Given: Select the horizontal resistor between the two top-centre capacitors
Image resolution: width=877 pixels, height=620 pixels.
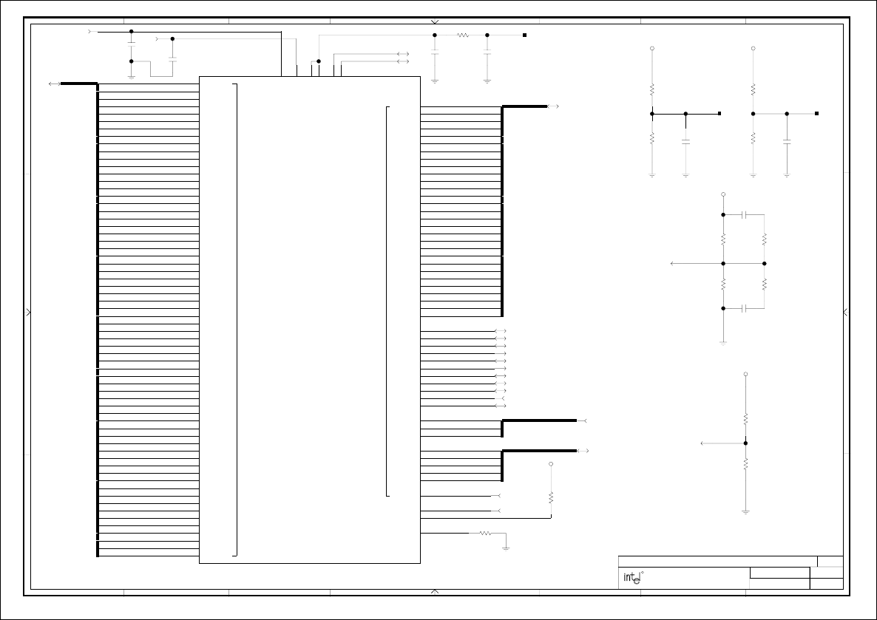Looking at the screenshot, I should [x=463, y=35].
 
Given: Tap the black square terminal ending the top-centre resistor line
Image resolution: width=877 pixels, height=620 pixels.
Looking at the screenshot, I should [x=524, y=35].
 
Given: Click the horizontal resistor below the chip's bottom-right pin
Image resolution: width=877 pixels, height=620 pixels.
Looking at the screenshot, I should [x=485, y=533].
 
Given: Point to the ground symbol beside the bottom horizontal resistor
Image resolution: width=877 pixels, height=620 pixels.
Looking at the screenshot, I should [x=506, y=547].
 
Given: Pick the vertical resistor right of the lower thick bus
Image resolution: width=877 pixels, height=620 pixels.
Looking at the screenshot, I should [x=551, y=497].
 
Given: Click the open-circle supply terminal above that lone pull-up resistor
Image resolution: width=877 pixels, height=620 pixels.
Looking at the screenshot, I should [x=551, y=464].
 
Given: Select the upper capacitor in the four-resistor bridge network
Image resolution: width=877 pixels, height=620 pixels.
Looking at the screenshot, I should [x=745, y=214].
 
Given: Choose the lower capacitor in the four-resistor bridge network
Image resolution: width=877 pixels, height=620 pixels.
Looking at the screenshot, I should [x=745, y=307].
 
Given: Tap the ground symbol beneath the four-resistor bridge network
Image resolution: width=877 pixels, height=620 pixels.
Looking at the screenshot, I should [x=723, y=342].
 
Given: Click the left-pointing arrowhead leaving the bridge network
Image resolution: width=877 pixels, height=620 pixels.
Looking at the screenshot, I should [x=671, y=263].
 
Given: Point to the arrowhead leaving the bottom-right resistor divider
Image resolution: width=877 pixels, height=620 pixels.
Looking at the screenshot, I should [x=702, y=443].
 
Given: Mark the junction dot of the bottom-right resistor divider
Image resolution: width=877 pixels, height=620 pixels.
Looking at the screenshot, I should [x=745, y=443].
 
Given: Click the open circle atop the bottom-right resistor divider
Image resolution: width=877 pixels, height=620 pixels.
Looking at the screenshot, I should [x=745, y=375].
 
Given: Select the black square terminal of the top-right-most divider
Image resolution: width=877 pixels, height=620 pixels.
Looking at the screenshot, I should [x=816, y=114].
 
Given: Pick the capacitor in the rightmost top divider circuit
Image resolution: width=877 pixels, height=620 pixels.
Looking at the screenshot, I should [x=787, y=140].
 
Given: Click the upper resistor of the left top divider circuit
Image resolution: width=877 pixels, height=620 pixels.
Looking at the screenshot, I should [x=651, y=89].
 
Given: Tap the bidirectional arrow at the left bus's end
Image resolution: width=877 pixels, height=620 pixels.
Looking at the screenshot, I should [x=54, y=84].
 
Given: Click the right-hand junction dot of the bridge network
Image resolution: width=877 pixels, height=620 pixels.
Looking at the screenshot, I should [x=765, y=263].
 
